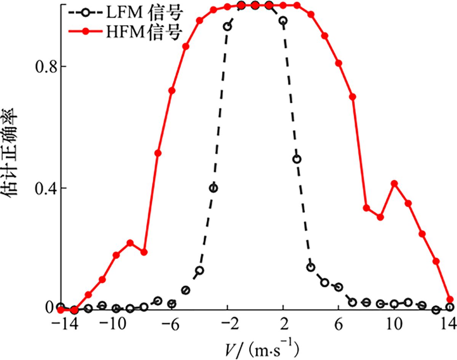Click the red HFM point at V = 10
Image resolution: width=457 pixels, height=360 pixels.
[x=394, y=184]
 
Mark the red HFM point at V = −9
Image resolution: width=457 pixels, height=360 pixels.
[x=130, y=243]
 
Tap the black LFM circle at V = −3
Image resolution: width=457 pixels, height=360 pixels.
[x=213, y=188]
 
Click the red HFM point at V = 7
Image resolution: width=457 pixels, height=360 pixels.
[x=352, y=97]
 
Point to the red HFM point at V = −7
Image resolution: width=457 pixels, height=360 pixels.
[x=158, y=153]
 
